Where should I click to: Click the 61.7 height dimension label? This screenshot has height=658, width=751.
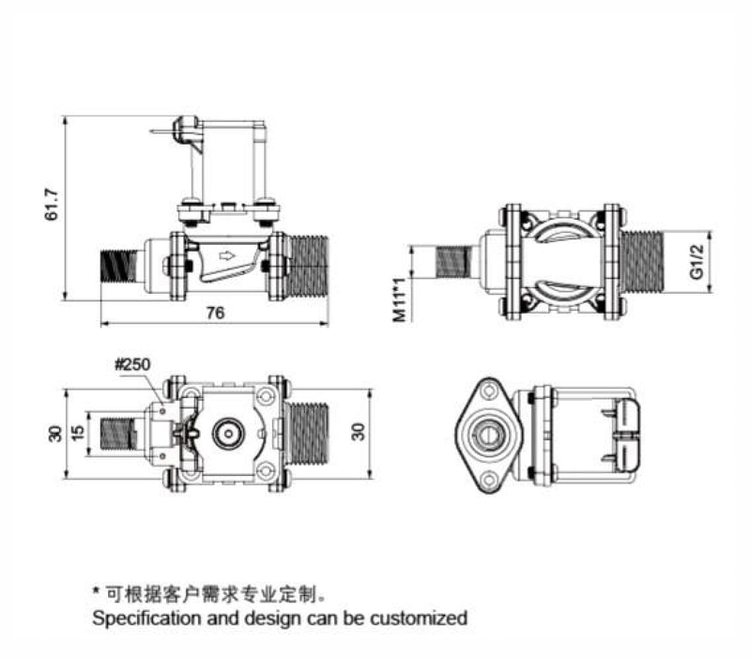point(53,206)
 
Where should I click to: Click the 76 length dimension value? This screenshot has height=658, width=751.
point(215,314)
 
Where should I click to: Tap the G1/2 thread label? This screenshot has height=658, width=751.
point(696,261)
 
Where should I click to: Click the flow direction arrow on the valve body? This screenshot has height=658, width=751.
point(224,253)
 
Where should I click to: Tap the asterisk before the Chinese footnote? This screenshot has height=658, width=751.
point(96,593)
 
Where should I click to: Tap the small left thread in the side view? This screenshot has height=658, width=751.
point(117,265)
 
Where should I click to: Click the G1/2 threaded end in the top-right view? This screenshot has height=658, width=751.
point(642,261)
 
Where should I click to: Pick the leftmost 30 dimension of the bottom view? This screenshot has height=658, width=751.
point(54,434)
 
